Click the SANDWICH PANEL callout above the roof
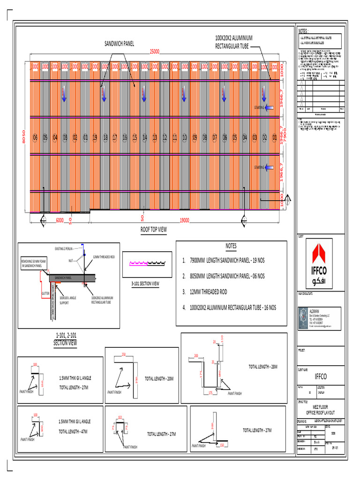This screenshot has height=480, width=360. coord(119,44)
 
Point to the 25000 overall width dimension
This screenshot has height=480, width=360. coord(155,52)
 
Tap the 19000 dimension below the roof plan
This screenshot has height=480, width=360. coord(188,220)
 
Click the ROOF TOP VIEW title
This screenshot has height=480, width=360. coord(154,230)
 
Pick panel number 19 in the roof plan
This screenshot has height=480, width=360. coord(95,138)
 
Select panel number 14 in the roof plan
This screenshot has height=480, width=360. coord(144,138)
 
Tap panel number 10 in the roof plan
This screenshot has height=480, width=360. coord(185,138)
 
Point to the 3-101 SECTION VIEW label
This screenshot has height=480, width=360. coord(145,284)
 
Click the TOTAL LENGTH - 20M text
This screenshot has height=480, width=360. coord(159,378)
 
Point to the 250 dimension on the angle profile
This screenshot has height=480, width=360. coord(124,354)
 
